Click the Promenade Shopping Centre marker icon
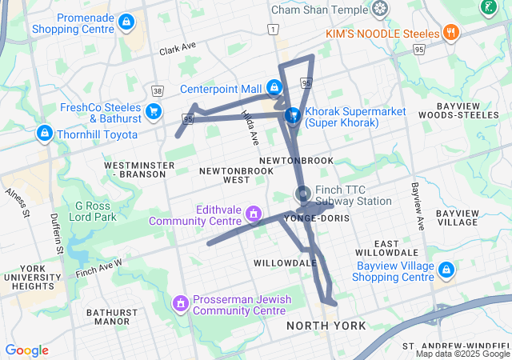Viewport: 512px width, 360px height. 126,22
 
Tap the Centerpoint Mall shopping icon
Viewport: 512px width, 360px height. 274,87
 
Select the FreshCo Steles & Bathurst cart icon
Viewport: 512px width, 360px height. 153,111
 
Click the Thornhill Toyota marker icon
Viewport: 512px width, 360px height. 45,134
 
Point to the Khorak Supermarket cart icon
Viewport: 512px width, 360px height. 294,116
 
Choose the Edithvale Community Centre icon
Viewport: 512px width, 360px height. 254,214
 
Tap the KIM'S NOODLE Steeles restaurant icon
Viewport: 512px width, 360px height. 451,34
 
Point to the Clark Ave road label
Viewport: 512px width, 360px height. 178,49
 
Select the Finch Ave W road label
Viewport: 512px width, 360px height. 99,268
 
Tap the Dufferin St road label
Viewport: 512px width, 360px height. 56,233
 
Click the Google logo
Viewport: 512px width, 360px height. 26,350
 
